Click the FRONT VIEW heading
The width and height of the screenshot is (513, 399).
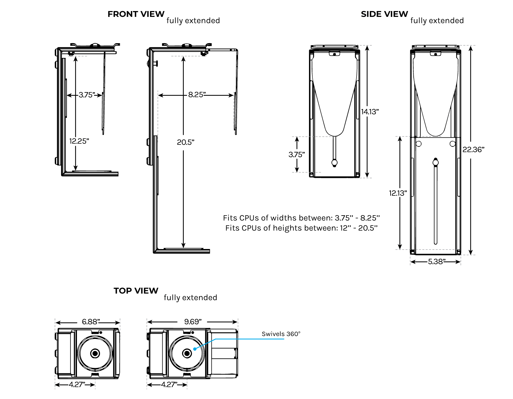pos(136,14)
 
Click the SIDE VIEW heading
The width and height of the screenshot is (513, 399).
pos(384,14)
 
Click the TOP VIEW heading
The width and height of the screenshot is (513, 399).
pos(136,291)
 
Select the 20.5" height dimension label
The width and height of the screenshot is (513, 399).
pos(185,142)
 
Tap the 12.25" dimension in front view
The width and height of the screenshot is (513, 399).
pos(79,141)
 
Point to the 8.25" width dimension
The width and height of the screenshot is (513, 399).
pos(197,95)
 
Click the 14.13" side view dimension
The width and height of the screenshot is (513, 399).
pos(370,112)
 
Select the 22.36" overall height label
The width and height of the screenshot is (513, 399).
pos(473,150)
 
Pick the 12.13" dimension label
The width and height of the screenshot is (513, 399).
pos(398,193)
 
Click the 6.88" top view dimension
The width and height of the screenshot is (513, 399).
pos(91,322)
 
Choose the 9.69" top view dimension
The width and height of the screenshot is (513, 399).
pos(193,322)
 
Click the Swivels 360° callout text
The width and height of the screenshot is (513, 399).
pos(281,334)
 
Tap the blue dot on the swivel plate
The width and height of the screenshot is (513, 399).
pos(195,349)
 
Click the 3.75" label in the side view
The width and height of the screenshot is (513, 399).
pos(296,155)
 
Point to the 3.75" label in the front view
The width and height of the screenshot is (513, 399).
pos(87,95)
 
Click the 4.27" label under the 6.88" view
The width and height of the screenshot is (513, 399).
pos(77,385)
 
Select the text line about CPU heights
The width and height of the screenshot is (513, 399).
pos(301,228)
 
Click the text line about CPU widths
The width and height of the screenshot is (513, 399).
pos(301,218)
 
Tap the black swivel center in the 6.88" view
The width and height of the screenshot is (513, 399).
pos(95,353)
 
